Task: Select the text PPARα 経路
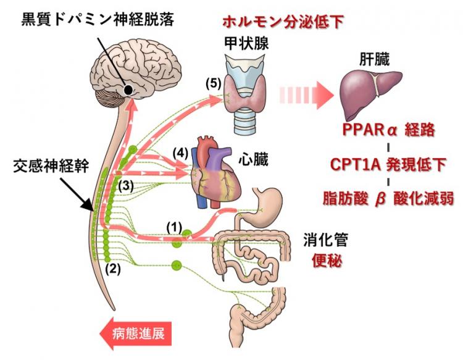(x=389, y=132)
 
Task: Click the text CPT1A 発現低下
(x=388, y=165)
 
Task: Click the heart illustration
(x=213, y=170)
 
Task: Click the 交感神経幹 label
(x=49, y=167)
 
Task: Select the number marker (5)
(x=212, y=83)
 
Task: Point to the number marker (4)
(x=179, y=151)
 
